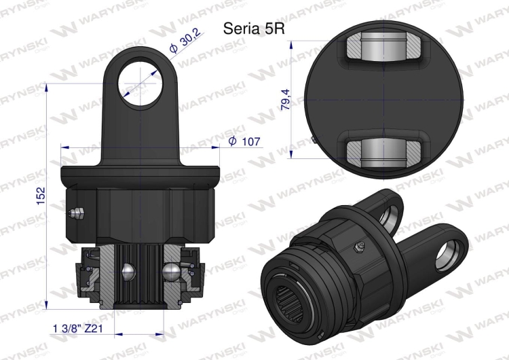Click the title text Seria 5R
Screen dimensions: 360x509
point(249,29)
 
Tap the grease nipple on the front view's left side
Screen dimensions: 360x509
point(75,213)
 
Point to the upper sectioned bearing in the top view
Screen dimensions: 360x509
point(384,52)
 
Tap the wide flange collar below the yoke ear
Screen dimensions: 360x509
point(143,175)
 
